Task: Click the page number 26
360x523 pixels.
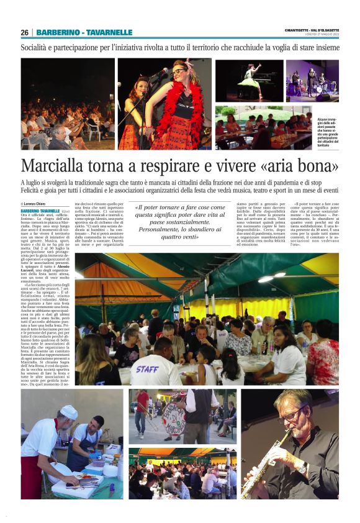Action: click(x=25, y=32)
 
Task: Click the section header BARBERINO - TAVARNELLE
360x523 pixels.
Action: click(x=84, y=32)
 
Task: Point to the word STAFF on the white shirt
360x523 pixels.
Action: click(x=147, y=370)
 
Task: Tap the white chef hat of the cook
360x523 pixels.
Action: click(x=69, y=412)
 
